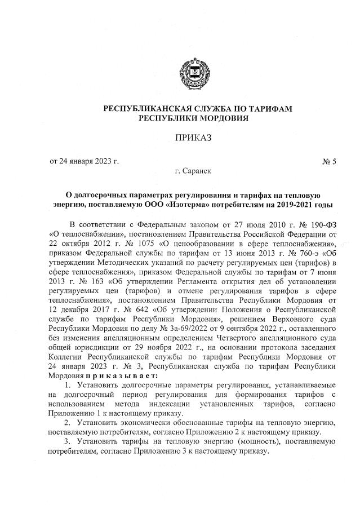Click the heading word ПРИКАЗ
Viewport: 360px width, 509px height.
coord(193,137)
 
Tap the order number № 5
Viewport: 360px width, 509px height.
coord(329,162)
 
